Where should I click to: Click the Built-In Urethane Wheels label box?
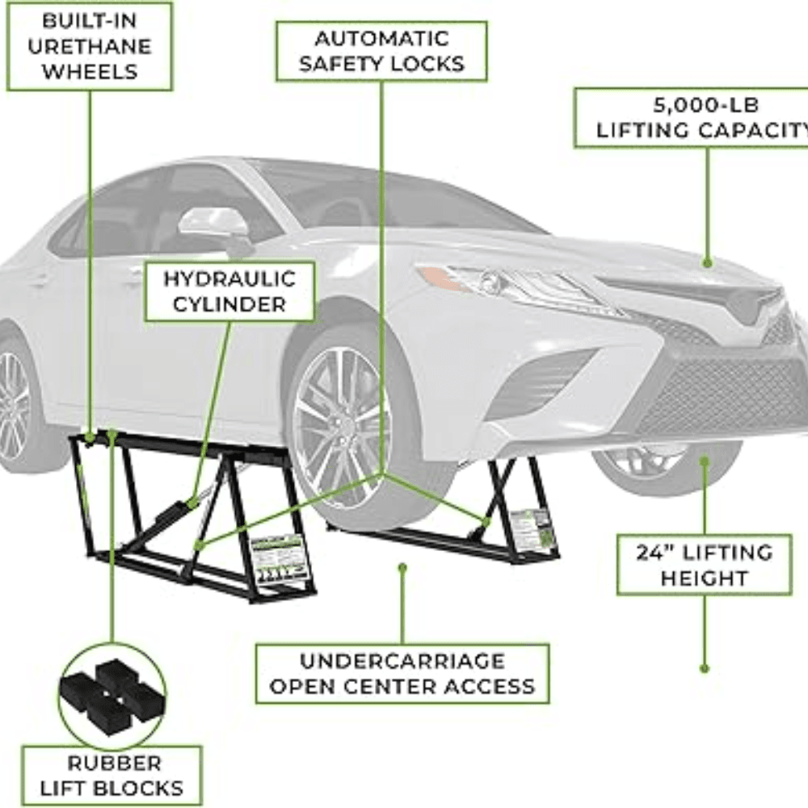89,45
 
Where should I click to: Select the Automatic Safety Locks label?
381,51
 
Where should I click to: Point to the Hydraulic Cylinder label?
229,291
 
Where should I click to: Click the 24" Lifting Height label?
704,565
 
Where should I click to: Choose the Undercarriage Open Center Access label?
402,673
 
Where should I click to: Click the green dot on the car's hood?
708,262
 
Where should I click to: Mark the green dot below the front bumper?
705,461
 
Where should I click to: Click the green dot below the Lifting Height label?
704,669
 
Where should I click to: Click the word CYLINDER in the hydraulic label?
229,305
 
